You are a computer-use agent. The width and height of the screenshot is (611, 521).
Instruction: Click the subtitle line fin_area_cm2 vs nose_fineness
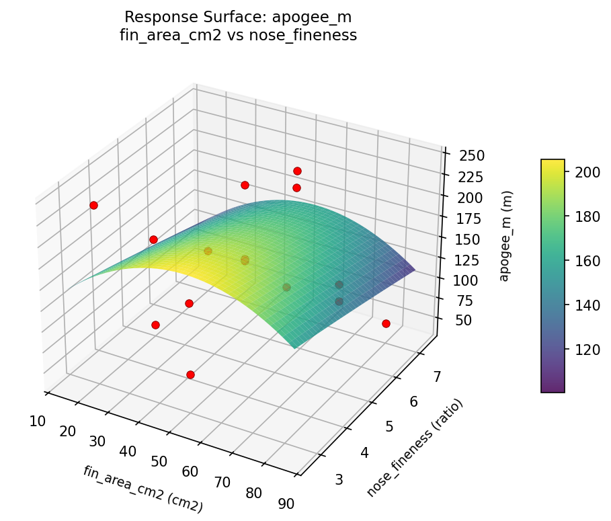[238, 36]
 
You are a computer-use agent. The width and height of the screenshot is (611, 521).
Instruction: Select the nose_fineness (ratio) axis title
[415, 448]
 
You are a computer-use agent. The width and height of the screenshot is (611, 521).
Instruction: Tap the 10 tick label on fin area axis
[38, 422]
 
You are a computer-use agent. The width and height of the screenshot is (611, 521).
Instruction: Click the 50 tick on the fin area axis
[159, 461]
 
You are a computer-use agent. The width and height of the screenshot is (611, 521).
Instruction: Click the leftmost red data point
[93, 205]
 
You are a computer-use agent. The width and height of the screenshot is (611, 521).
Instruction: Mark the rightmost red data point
[386, 323]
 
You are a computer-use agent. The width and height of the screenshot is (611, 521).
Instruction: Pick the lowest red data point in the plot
[190, 374]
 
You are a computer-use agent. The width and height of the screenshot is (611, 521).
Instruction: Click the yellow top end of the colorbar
[553, 163]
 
